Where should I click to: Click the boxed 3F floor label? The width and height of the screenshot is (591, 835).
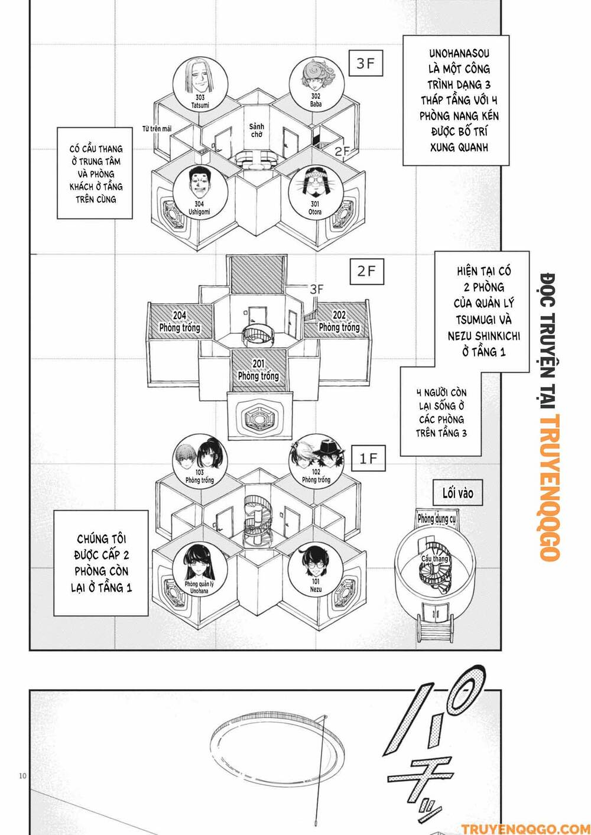(365, 64)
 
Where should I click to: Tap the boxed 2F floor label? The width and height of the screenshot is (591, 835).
(366, 271)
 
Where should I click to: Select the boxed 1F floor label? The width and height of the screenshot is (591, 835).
(368, 459)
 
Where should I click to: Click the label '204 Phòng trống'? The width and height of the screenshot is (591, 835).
(180, 321)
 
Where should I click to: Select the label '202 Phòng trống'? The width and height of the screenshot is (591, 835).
(339, 321)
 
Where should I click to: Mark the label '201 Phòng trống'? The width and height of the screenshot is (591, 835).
(258, 369)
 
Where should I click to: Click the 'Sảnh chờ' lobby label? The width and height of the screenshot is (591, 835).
(256, 131)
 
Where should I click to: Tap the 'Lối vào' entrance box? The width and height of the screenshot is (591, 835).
(458, 493)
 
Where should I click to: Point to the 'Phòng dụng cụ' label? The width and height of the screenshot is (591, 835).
(437, 519)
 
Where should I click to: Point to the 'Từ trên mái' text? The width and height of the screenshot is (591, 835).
(157, 129)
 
